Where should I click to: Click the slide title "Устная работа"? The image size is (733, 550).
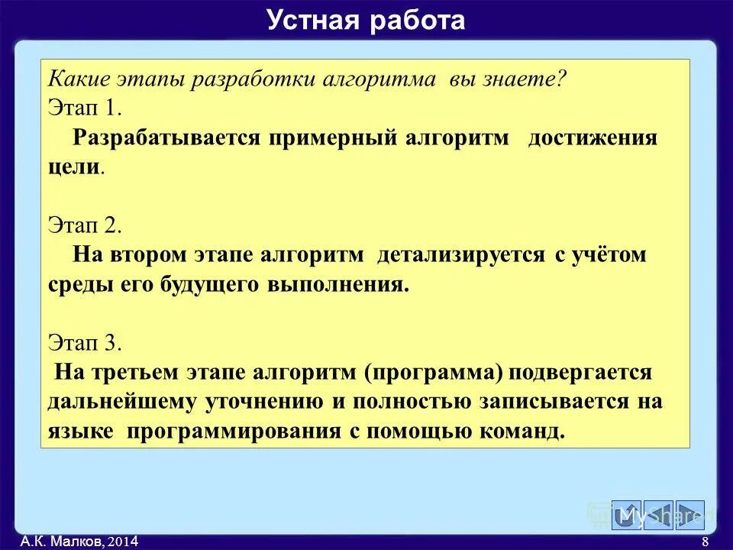(366, 20)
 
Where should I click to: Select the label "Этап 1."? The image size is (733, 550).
(85, 108)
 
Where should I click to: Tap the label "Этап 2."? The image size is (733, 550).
(85, 225)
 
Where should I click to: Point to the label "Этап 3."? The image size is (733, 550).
(85, 343)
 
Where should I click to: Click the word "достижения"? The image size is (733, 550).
(593, 138)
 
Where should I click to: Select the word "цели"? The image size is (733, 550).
(73, 167)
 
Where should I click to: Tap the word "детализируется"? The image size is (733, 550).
(460, 255)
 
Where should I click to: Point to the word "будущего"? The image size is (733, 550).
(208, 284)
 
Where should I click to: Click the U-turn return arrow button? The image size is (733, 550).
(626, 515)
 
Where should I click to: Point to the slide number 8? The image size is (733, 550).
(704, 542)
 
